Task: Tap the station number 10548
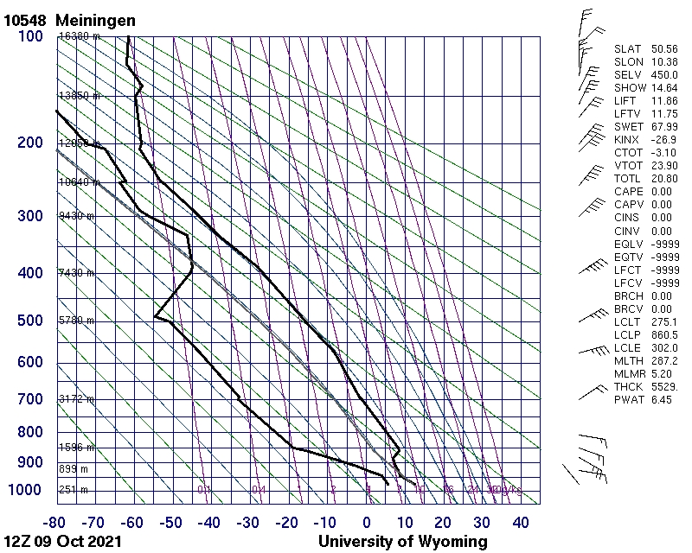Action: (26, 20)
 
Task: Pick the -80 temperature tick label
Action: (56, 523)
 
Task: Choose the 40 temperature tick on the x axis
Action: (520, 523)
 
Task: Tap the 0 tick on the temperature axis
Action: (367, 523)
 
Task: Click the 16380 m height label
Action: (79, 36)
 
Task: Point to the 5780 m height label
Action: (76, 321)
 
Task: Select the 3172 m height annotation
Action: (76, 400)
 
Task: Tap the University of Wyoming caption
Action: (402, 542)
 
